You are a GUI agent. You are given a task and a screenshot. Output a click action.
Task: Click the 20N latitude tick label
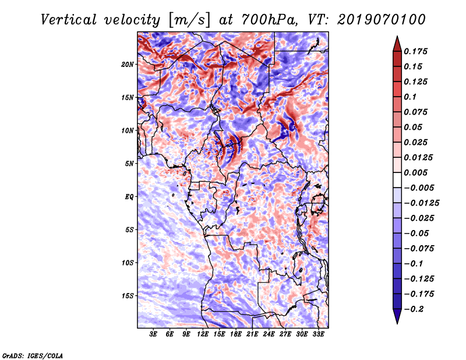pyautogui.click(x=127, y=65)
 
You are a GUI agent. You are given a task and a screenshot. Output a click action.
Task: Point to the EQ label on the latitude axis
pyautogui.click(x=129, y=197)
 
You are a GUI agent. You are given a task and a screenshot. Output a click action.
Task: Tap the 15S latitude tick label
pyautogui.click(x=127, y=296)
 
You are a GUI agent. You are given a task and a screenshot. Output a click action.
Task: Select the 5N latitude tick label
pyautogui.click(x=129, y=164)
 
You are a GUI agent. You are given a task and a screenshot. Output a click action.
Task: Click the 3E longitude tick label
pyautogui.click(x=153, y=334)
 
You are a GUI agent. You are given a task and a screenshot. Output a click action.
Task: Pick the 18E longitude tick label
pyautogui.click(x=236, y=334)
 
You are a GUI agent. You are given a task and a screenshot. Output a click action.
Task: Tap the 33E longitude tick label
pyautogui.click(x=318, y=334)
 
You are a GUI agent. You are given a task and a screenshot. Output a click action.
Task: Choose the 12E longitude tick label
pyautogui.click(x=202, y=334)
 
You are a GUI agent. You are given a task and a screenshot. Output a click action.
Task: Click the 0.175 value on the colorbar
pyautogui.click(x=415, y=51)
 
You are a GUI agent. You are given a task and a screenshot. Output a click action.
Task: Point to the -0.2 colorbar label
pyautogui.click(x=414, y=309)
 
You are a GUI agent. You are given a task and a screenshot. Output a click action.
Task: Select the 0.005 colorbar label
pyautogui.click(x=415, y=172)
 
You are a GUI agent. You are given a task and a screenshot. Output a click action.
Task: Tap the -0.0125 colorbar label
pyautogui.click(x=421, y=203)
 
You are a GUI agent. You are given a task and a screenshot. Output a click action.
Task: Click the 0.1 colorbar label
pyautogui.click(x=410, y=97)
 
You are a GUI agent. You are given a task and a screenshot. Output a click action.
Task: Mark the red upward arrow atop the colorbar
pyautogui.click(x=397, y=44)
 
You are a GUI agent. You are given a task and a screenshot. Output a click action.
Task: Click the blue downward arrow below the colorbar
pyautogui.click(x=397, y=316)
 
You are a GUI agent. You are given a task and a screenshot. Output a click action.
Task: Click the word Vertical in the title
pyautogui.click(x=69, y=20)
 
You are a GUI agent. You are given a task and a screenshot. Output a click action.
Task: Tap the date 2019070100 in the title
pyautogui.click(x=382, y=20)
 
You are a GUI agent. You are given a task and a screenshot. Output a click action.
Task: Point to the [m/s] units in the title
pyautogui.click(x=189, y=20)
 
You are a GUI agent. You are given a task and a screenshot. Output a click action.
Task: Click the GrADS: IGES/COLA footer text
pyautogui.click(x=33, y=355)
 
